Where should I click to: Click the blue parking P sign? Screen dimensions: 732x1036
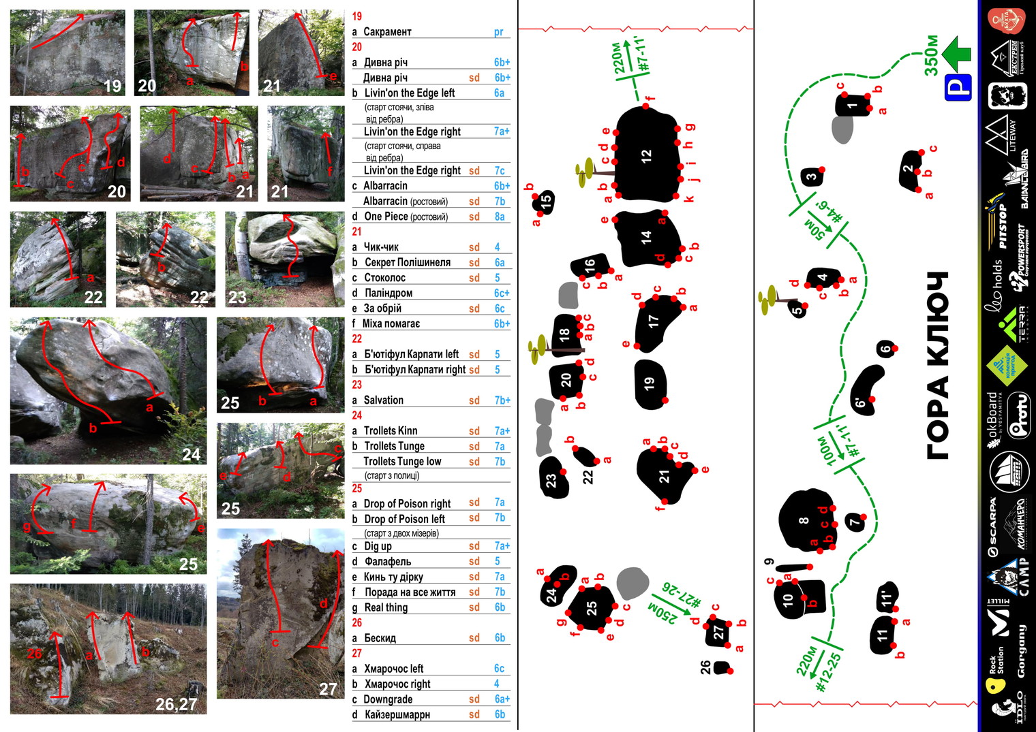click(958, 88)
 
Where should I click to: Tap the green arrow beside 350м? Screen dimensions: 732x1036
click(958, 54)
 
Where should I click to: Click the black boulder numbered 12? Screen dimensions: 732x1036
click(646, 155)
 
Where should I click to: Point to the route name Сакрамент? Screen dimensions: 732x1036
click(387, 32)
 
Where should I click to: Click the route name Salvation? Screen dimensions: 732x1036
click(383, 400)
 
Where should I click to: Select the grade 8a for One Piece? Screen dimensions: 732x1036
click(500, 217)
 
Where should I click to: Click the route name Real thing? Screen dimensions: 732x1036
click(386, 607)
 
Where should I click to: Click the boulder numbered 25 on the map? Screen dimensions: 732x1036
click(591, 606)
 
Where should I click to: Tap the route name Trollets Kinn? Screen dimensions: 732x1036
click(390, 431)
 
